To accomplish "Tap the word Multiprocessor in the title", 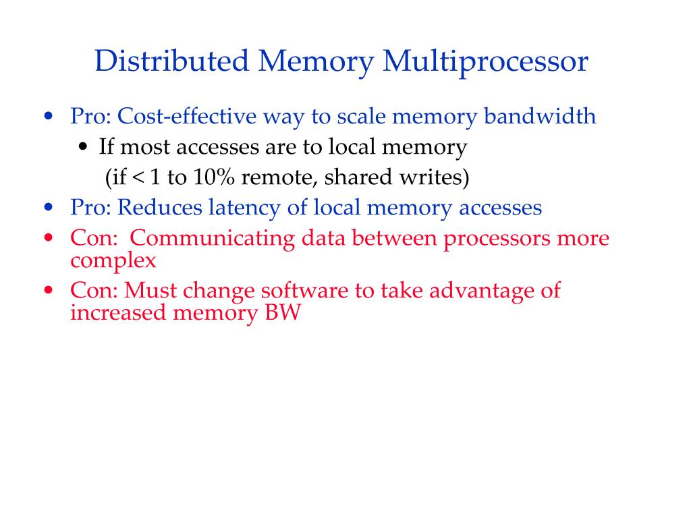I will (486, 61).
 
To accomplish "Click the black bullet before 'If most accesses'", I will (84, 148).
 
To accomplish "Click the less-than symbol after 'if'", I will (138, 178).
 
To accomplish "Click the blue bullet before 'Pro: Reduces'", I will (48, 207).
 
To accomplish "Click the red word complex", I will (113, 260).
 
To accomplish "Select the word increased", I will (119, 313).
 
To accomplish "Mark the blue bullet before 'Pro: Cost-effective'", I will (48, 116).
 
